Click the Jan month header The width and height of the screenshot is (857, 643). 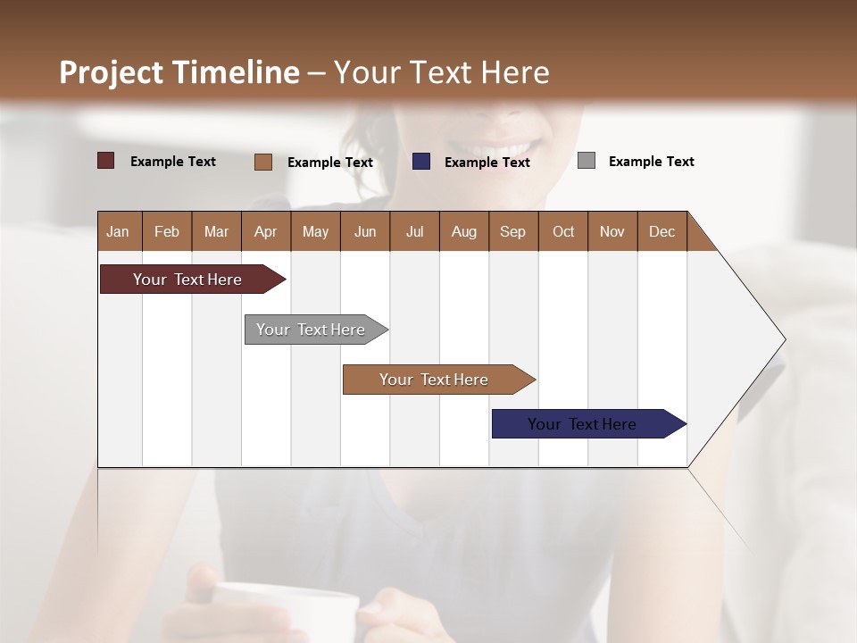[x=119, y=231]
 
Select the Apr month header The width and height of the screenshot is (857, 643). [x=266, y=231]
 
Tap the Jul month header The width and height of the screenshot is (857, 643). [x=414, y=231]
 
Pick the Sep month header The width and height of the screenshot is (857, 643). [x=513, y=231]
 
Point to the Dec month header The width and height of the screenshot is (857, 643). [x=661, y=231]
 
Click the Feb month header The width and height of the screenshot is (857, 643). [x=167, y=231]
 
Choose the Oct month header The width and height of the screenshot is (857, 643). [x=563, y=231]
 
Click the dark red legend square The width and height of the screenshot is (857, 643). [x=106, y=161]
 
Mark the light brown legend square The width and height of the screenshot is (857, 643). [x=263, y=162]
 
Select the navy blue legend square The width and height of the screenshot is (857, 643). [x=421, y=162]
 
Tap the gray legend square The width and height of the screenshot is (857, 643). [x=587, y=161]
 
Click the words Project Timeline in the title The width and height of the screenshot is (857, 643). [x=179, y=72]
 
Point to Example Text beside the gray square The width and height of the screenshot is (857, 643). [x=651, y=162]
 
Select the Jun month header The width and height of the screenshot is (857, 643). [x=365, y=231]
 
